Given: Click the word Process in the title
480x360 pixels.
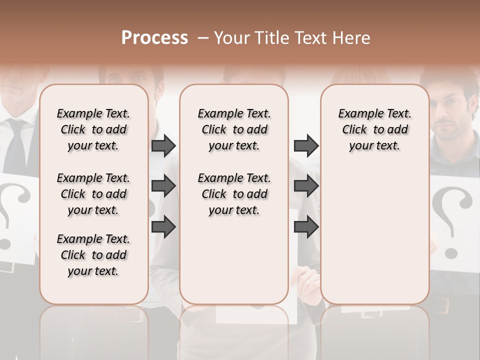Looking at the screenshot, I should pyautogui.click(x=154, y=38).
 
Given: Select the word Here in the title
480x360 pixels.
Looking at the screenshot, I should pyautogui.click(x=352, y=38).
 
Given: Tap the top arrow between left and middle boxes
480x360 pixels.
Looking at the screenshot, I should pyautogui.click(x=163, y=145).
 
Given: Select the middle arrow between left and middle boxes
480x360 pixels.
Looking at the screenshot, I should pyautogui.click(x=163, y=186).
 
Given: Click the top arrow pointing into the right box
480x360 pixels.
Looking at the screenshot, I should pyautogui.click(x=306, y=145).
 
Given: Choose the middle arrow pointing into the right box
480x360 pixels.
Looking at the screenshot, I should pyautogui.click(x=306, y=186).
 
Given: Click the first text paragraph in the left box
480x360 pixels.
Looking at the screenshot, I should pyautogui.click(x=93, y=129).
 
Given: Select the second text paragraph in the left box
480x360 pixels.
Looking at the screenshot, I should pyautogui.click(x=93, y=194).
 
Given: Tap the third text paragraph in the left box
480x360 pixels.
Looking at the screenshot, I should pyautogui.click(x=93, y=255).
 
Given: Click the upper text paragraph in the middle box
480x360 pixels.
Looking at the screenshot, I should pyautogui.click(x=234, y=129).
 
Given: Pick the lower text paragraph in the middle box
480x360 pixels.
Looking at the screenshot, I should pyautogui.click(x=234, y=194).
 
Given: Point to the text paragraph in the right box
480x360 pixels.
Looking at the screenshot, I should pyautogui.click(x=375, y=129).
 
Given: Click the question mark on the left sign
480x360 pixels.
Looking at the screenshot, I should pyautogui.click(x=7, y=215).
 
